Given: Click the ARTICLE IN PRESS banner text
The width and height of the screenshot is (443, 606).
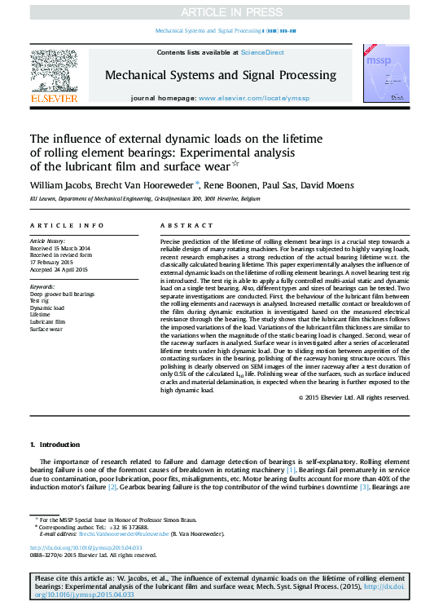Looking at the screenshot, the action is [221, 12].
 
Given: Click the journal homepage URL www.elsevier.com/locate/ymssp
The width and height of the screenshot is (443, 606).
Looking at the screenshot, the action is [253, 98].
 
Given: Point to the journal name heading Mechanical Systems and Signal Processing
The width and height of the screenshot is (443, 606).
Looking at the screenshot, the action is [221, 74].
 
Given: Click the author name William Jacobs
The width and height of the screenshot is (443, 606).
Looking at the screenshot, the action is [63, 185].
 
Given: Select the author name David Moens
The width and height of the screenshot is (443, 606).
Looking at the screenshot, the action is [328, 185].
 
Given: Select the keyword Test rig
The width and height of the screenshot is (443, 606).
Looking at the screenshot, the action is [40, 300].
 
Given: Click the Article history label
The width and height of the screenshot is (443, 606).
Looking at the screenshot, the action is [48, 242].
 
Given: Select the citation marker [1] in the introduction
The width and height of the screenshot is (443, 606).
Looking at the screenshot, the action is [290, 471].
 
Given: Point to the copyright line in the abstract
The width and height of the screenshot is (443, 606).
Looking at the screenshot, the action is [353, 397].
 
